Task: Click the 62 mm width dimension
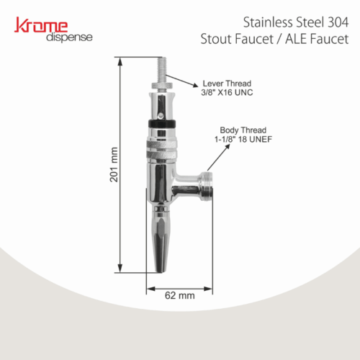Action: [180, 294]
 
